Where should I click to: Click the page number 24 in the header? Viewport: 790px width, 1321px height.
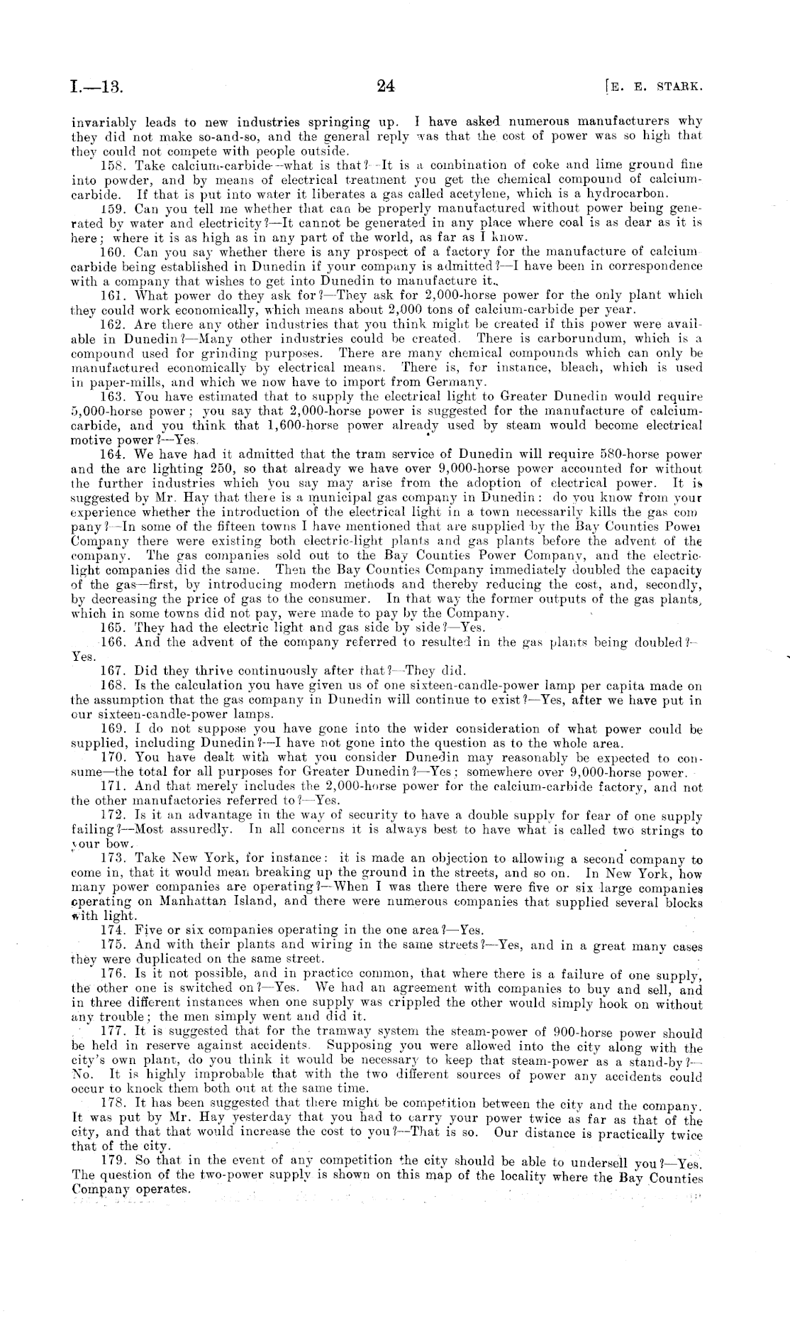(386, 87)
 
